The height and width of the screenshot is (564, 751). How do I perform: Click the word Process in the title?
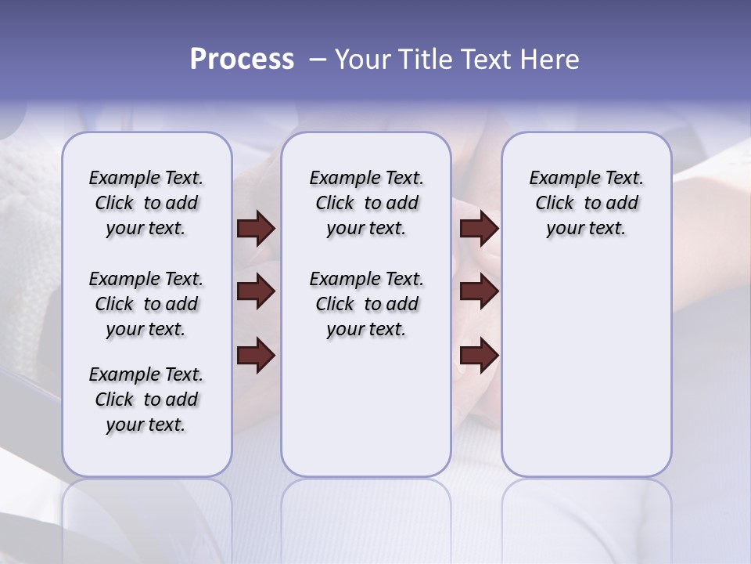[x=242, y=59]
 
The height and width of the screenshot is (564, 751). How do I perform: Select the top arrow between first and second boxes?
[x=256, y=228]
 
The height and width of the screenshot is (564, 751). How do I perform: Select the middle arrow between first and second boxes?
[x=256, y=291]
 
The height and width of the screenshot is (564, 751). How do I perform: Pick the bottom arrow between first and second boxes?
[x=256, y=356]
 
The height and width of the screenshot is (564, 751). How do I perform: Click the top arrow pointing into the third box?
[x=479, y=228]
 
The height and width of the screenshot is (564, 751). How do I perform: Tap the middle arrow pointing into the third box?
[x=479, y=291]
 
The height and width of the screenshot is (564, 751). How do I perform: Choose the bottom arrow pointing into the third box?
[x=479, y=356]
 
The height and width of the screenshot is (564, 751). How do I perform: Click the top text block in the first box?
[x=146, y=203]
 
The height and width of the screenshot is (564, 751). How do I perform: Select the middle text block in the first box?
[x=146, y=304]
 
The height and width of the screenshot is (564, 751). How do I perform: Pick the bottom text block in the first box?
[x=146, y=399]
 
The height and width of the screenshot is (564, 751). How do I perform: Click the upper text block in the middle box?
[x=366, y=203]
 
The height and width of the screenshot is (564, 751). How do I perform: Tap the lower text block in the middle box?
[x=366, y=304]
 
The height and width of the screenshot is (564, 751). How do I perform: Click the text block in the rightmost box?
[x=586, y=203]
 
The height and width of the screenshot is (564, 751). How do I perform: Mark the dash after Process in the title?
[x=317, y=60]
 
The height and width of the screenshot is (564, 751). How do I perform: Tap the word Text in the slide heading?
[x=486, y=59]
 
